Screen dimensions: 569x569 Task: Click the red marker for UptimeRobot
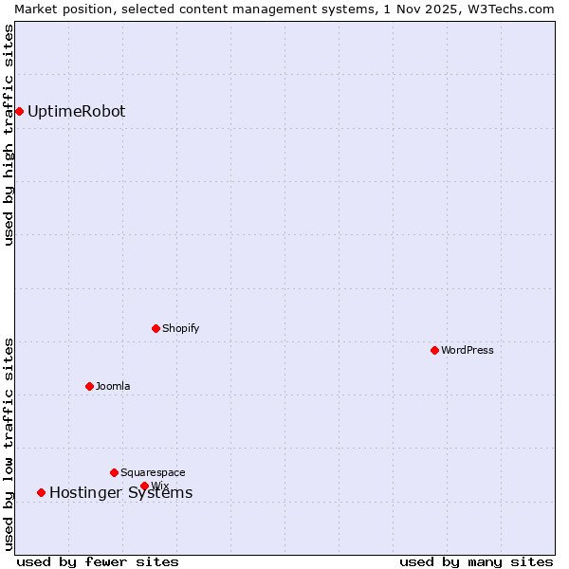(x=19, y=112)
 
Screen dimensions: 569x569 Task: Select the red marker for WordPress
(x=434, y=350)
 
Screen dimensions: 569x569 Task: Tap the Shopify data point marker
(x=156, y=328)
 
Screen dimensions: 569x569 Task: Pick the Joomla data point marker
(x=89, y=386)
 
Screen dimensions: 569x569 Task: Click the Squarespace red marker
(x=114, y=472)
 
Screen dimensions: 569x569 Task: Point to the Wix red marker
(x=144, y=486)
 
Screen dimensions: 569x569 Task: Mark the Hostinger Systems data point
(x=41, y=492)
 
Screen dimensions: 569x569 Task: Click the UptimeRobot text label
(x=76, y=112)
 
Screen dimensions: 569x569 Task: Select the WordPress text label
(x=468, y=350)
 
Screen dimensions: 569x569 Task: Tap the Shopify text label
(x=180, y=328)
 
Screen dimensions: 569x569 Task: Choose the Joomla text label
(x=113, y=386)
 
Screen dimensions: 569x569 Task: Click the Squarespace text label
(x=153, y=472)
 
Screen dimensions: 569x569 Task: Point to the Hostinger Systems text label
(x=120, y=492)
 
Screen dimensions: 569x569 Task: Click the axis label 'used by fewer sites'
(x=98, y=561)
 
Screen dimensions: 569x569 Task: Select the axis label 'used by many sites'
(x=476, y=561)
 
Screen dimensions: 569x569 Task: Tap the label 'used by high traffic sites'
(x=9, y=135)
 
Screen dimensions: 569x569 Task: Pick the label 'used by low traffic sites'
(x=9, y=444)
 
